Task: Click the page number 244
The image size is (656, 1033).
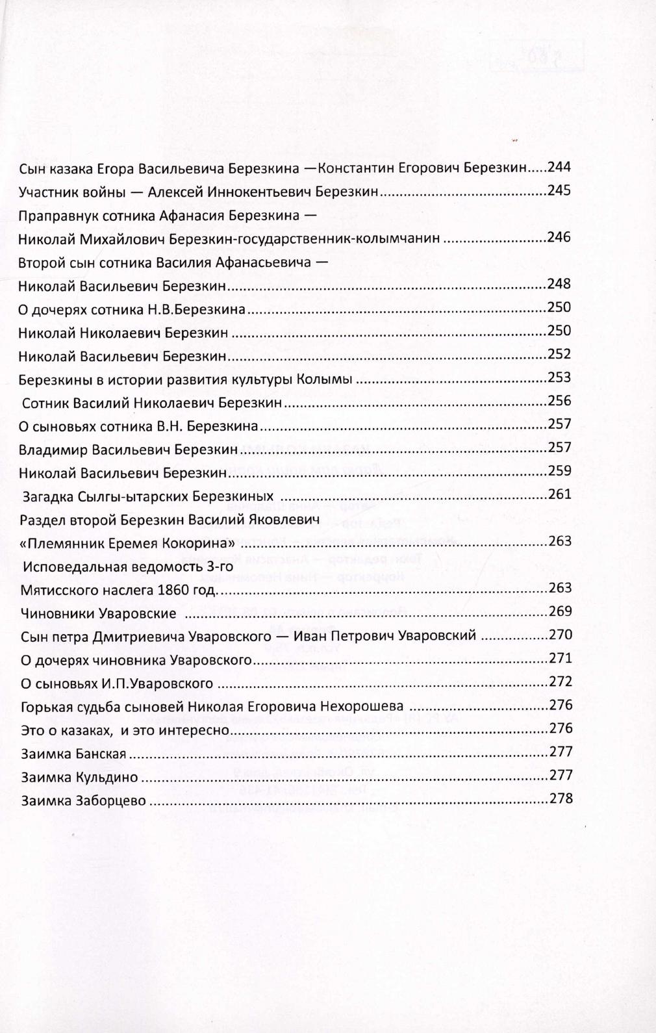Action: pyautogui.click(x=559, y=167)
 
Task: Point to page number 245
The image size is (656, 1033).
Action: pyautogui.click(x=559, y=190)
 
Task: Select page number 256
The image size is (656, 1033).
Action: pyautogui.click(x=559, y=400)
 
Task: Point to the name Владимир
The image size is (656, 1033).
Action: pyautogui.click(x=53, y=450)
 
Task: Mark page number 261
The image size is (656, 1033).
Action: pyautogui.click(x=559, y=494)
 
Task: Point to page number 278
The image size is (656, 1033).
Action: pyautogui.click(x=561, y=798)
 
